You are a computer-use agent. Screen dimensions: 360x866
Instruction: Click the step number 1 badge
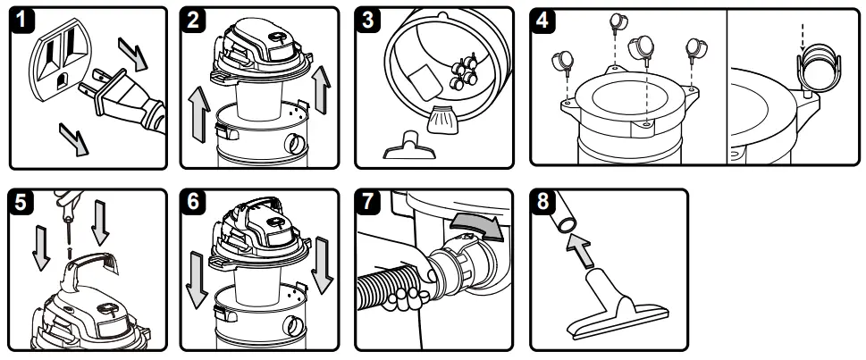20,22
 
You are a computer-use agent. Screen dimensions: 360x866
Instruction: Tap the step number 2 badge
194,22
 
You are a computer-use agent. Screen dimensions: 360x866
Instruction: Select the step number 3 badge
368,22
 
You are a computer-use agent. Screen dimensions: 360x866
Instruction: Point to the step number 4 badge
544,22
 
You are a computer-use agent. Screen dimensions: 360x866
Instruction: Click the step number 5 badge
20,203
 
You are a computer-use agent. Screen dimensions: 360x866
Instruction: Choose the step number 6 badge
194,203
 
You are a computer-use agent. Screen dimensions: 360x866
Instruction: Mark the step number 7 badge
368,203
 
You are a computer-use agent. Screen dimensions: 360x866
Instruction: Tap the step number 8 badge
544,203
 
